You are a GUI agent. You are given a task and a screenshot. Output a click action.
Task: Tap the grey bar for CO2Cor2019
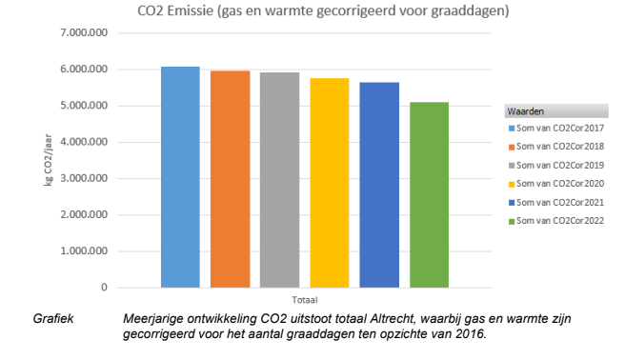pyautogui.click(x=279, y=180)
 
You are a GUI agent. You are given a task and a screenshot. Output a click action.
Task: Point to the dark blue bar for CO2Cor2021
pyautogui.click(x=379, y=185)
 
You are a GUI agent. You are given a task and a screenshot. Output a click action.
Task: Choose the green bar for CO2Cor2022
pyautogui.click(x=429, y=194)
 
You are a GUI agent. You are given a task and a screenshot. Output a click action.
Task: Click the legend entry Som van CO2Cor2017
pyautogui.click(x=557, y=128)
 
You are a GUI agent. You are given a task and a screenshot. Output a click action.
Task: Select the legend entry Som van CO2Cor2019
pyautogui.click(x=557, y=165)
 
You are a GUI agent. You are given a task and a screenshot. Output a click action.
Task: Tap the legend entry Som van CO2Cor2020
pyautogui.click(x=557, y=183)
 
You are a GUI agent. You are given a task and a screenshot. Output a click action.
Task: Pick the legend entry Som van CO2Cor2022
pyautogui.click(x=557, y=220)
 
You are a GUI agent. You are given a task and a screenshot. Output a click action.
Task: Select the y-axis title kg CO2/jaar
pyautogui.click(x=49, y=161)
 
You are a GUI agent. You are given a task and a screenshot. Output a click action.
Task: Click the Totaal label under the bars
pyautogui.click(x=305, y=299)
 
